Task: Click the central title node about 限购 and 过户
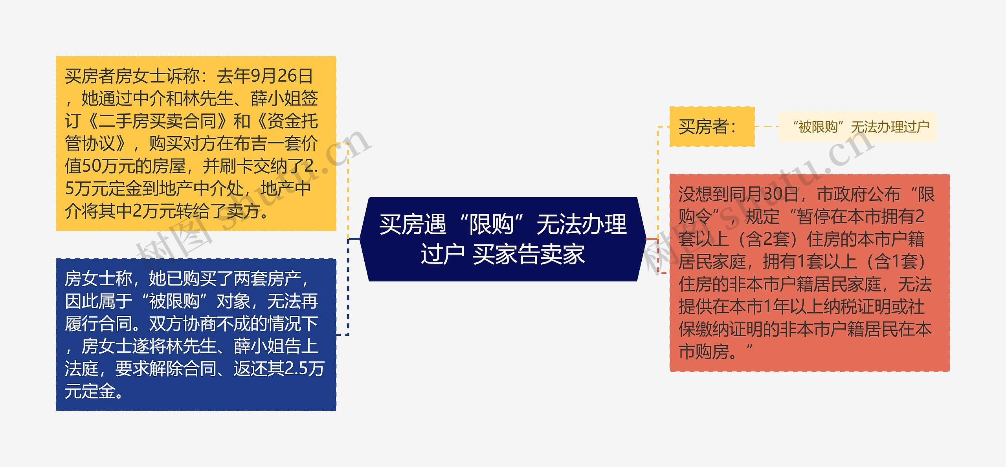coord(503,239)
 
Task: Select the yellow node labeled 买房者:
coord(712,126)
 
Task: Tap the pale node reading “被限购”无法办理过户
coord(857,127)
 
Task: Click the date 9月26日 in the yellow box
coord(281,76)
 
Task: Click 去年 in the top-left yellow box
coord(233,76)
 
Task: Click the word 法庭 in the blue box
coord(82,368)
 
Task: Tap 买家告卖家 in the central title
coord(529,254)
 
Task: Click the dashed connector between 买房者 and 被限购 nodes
coord(767,127)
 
